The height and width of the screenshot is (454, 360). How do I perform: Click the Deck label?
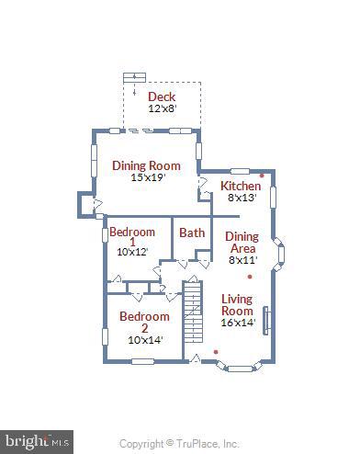click(x=162, y=96)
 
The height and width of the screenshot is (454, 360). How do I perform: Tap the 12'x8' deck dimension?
click(x=162, y=108)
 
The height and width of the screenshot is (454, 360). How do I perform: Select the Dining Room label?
click(x=146, y=165)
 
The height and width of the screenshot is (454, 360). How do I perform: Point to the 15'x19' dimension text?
click(x=146, y=177)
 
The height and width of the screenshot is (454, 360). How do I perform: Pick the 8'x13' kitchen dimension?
click(x=242, y=198)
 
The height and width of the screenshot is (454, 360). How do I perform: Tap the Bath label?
click(x=192, y=233)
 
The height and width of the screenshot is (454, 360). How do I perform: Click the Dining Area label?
click(x=242, y=243)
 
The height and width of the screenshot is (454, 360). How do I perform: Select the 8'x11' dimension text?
click(x=242, y=260)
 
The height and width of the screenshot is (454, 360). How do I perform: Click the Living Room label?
click(x=237, y=305)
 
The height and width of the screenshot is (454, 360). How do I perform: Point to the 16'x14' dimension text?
click(x=237, y=323)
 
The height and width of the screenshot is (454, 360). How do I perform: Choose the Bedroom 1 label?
click(x=132, y=237)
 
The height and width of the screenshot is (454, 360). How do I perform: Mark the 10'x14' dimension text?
click(x=144, y=340)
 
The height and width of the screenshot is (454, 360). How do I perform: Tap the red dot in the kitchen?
click(x=262, y=175)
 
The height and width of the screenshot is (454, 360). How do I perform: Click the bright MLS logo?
click(x=37, y=441)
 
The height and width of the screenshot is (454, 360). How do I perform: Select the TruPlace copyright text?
click(x=180, y=443)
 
